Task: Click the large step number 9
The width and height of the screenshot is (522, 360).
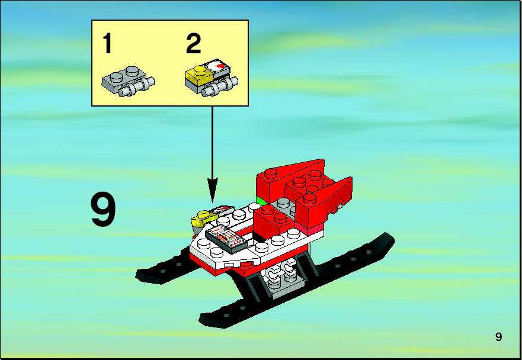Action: [x=103, y=211]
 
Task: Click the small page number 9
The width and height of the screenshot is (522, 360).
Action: [x=498, y=337]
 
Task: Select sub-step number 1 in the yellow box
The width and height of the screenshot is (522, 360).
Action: [x=107, y=43]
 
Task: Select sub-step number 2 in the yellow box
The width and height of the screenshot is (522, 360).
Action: [x=193, y=43]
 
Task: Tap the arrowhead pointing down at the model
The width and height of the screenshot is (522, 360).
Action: [x=212, y=190]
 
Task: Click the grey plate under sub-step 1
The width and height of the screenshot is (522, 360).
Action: [x=128, y=81]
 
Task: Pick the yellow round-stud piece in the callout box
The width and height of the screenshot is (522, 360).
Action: [x=199, y=75]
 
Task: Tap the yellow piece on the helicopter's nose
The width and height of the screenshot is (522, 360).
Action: [x=203, y=218]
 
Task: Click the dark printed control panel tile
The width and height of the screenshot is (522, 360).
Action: [x=226, y=238]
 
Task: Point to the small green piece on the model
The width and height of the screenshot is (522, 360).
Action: [x=261, y=201]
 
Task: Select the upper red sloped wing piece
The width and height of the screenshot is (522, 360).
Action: [x=289, y=178]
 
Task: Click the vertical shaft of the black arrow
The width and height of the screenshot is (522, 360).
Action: [x=212, y=143]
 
